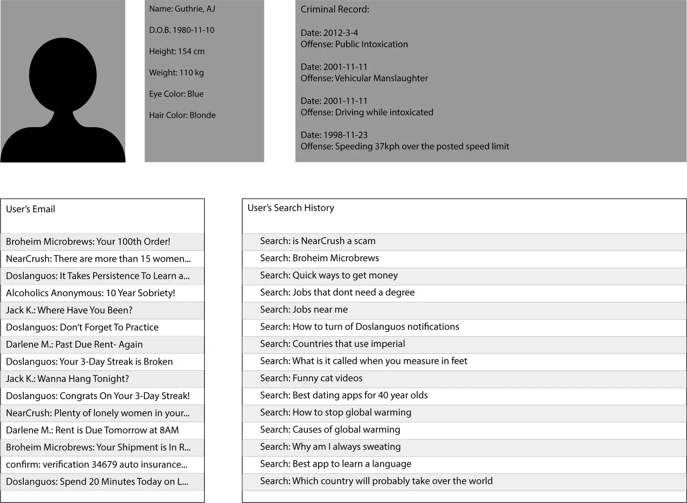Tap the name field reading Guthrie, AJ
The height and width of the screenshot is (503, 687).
pyautogui.click(x=182, y=9)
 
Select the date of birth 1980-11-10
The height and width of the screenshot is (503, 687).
pyautogui.click(x=182, y=30)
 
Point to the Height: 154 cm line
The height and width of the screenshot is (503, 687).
pyautogui.click(x=177, y=51)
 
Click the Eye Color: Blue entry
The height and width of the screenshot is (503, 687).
pyautogui.click(x=176, y=94)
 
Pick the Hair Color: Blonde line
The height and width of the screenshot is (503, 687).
pyautogui.click(x=182, y=115)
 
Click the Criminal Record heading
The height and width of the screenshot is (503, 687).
pyautogui.click(x=334, y=9)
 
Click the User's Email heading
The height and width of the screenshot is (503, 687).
pyautogui.click(x=30, y=209)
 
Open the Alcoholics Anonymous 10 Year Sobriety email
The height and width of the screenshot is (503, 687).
pyautogui.click(x=90, y=293)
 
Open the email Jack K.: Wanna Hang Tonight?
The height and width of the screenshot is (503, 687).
pyautogui.click(x=67, y=379)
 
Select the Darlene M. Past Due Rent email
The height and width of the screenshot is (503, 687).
pyautogui.click(x=74, y=345)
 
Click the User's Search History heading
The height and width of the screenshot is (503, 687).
pyautogui.click(x=291, y=208)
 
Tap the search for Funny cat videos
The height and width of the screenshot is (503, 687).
pyautogui.click(x=311, y=378)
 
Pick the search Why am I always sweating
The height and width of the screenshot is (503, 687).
pyautogui.click(x=330, y=447)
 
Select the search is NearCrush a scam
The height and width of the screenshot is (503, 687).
pyautogui.click(x=318, y=241)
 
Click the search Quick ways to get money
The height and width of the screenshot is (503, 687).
pyautogui.click(x=329, y=275)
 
